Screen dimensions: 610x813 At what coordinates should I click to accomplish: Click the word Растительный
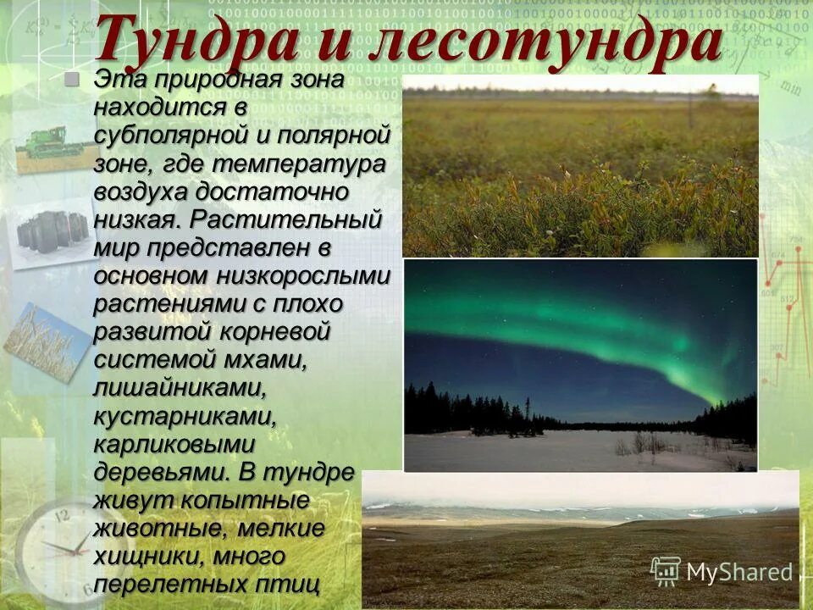(x=286, y=219)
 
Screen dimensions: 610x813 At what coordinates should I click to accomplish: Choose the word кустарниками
(x=185, y=415)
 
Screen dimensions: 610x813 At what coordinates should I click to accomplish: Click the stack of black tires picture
(x=53, y=230)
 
